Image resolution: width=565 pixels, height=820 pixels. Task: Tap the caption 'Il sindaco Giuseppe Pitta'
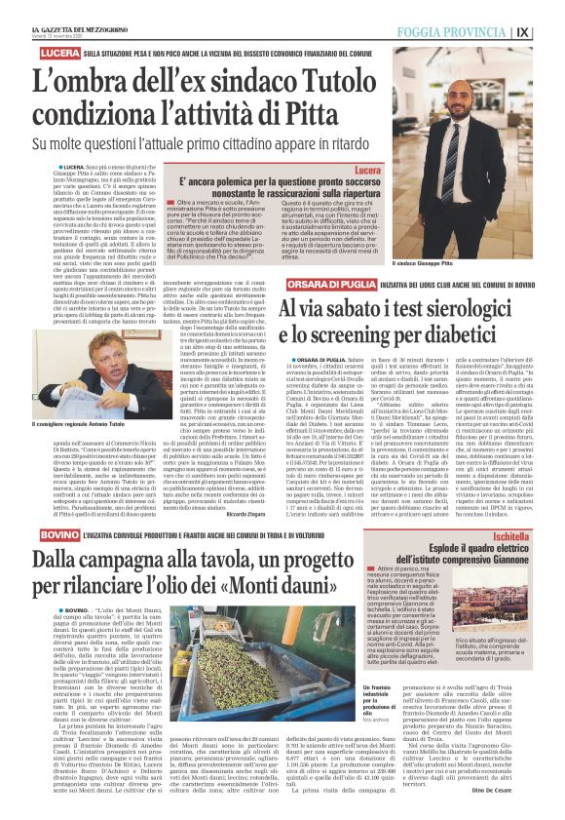[x=449, y=263]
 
